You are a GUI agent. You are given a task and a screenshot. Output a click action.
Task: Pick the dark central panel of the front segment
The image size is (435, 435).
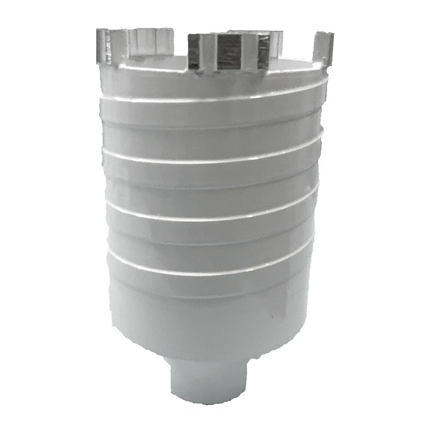[229, 52]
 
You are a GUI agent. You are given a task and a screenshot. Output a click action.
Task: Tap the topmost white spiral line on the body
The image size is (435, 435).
[217, 100]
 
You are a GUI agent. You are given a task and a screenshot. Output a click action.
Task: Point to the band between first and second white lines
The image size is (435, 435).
[217, 130]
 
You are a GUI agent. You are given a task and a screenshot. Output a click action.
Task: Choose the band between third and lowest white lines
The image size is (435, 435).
[217, 245]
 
